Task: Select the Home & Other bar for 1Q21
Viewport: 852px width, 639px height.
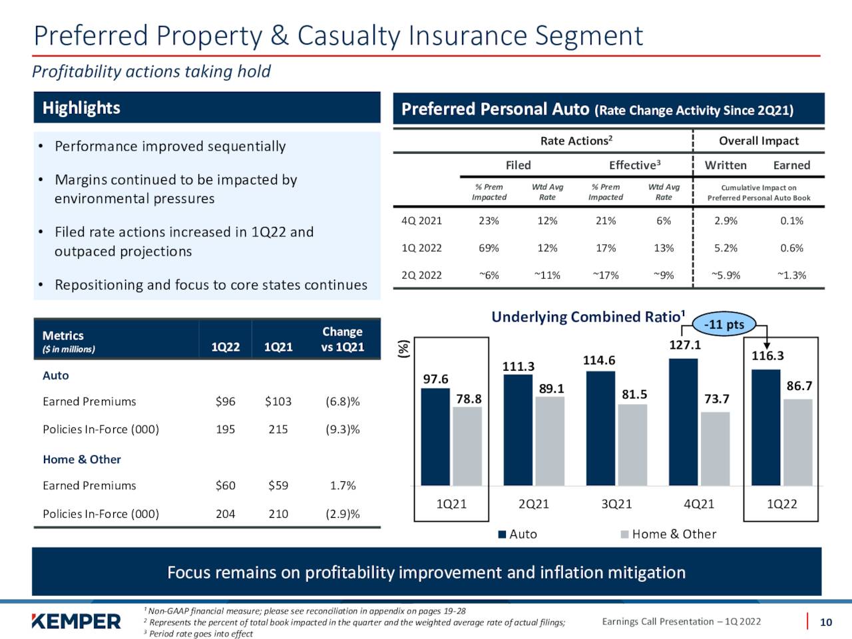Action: coord(467,445)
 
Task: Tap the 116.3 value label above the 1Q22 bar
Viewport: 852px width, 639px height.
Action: coord(767,356)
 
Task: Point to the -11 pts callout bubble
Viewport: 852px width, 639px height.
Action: coord(726,325)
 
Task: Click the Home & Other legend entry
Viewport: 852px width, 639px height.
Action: coord(668,534)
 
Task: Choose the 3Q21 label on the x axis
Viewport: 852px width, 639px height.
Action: coord(616,504)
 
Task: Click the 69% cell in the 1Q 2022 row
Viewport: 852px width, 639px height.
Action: coord(489,248)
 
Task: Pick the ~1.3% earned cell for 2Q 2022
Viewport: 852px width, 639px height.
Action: coord(791,276)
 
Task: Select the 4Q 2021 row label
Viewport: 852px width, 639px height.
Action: coord(421,221)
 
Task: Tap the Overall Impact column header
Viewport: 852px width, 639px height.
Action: coord(759,141)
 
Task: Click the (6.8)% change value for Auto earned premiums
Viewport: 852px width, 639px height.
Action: coord(342,401)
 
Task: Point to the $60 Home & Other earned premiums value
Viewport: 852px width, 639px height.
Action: coord(225,486)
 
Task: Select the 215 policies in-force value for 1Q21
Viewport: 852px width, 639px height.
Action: coord(278,429)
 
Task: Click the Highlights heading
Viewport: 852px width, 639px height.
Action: coord(81,108)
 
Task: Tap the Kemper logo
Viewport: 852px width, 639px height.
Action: coord(77,621)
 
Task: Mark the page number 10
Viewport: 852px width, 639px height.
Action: coord(825,622)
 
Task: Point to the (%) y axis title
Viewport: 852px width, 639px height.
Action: coord(403,349)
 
